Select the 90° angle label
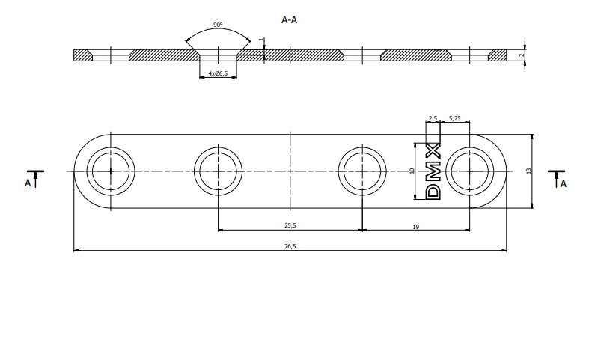coord(217,25)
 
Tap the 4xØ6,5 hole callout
coord(218,73)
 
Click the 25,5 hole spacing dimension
coord(290,225)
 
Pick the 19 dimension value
coord(417,225)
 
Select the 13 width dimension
coord(528,171)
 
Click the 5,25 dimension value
coord(454,118)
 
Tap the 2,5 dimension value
coord(433,118)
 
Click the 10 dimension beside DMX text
coord(412,171)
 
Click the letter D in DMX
coord(433,192)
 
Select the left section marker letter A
coord(28,182)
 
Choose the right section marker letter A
coord(563,182)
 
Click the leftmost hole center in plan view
coord(110,171)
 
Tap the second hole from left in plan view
coord(218,171)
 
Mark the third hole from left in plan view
coord(361,171)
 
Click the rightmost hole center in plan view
coord(472,171)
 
